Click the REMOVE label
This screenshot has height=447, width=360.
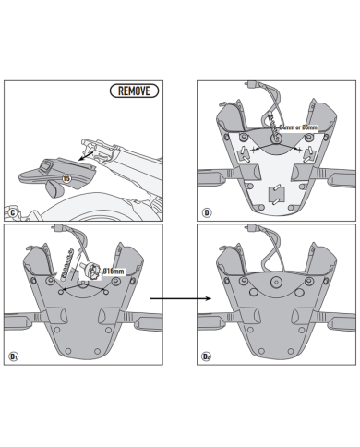(134, 91)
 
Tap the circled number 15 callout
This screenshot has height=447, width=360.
(66, 176)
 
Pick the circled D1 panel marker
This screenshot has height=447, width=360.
(14, 355)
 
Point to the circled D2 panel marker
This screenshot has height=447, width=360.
(207, 355)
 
